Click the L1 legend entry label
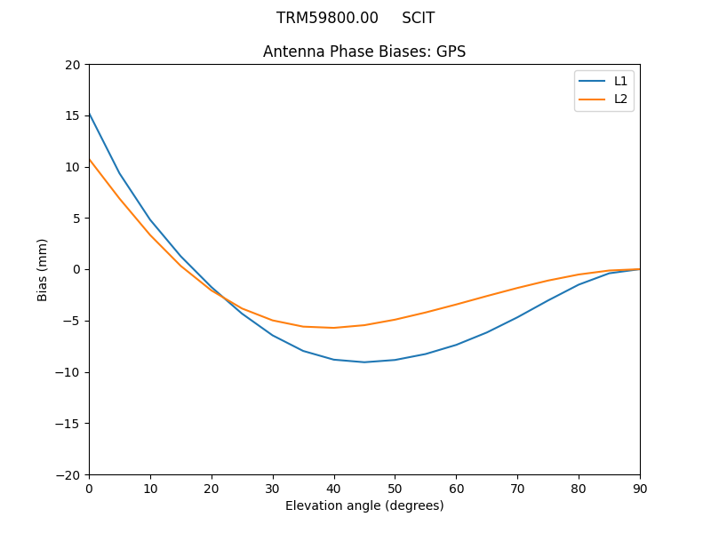[620, 81]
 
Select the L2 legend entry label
[620, 99]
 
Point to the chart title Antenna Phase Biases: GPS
[364, 52]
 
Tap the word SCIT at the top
[418, 18]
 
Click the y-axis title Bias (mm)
[43, 269]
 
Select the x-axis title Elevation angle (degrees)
[364, 505]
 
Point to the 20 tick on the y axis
[73, 65]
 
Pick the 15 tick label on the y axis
[73, 115]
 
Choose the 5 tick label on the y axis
[76, 218]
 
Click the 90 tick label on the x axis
[640, 488]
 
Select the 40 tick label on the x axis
[334, 488]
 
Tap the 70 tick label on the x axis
[517, 488]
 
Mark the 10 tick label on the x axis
[150, 488]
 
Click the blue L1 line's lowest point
[364, 362]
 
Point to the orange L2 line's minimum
[334, 328]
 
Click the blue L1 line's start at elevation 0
[90, 114]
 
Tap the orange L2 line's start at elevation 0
[90, 160]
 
